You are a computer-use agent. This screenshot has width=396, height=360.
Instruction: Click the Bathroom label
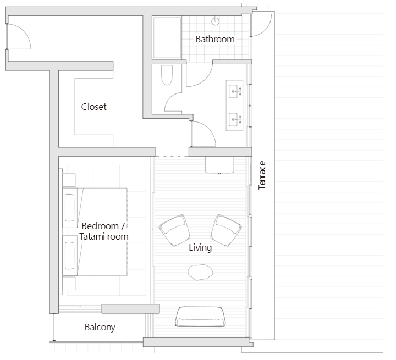(215, 39)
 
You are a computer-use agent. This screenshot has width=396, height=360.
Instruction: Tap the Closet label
(94, 107)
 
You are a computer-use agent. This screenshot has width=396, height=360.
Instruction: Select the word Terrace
(262, 175)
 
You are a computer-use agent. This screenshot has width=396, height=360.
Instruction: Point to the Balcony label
(100, 328)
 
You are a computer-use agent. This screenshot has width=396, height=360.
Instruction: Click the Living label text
(200, 248)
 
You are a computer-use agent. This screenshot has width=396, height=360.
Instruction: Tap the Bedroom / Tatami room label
(104, 231)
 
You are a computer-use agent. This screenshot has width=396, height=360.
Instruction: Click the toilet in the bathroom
(167, 76)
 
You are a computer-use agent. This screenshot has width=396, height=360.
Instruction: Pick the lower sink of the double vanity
(234, 118)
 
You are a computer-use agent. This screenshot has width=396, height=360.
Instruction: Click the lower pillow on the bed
(70, 256)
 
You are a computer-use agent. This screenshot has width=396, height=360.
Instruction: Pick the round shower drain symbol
(216, 21)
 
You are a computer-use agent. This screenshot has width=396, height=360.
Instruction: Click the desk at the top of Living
(223, 164)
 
